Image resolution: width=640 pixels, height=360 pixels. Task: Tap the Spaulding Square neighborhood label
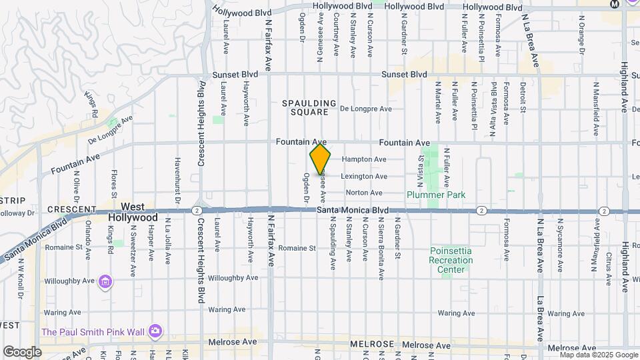coord(309,107)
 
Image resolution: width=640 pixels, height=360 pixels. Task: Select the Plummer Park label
coord(437,195)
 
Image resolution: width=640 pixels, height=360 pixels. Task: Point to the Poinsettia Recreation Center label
coord(451,260)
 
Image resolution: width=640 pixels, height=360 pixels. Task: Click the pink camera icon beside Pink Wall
coord(155,331)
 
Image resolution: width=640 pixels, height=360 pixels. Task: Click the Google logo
coord(23,351)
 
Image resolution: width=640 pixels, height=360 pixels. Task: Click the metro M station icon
coord(614,4)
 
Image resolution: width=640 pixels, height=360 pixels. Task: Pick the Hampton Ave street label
coord(364,160)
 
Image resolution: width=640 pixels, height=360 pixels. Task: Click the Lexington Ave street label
coord(364,177)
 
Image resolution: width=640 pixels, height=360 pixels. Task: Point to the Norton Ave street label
coord(364,193)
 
